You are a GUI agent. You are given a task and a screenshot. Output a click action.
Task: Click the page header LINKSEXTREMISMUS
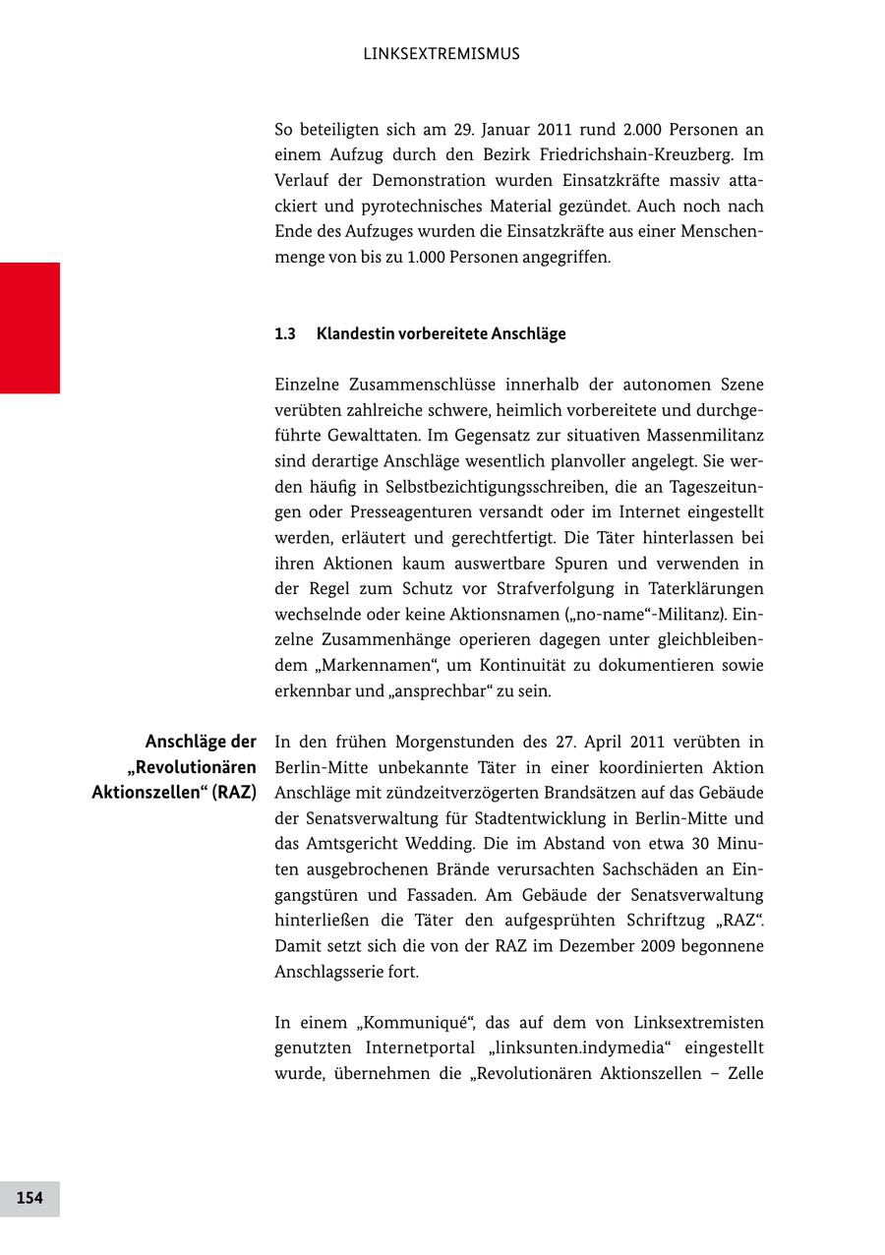pyautogui.click(x=442, y=54)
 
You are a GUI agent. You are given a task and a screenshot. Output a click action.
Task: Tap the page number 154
pyautogui.click(x=29, y=1198)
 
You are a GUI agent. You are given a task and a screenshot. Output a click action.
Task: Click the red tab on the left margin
pyautogui.click(x=29, y=328)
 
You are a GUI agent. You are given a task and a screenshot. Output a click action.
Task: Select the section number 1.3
pyautogui.click(x=285, y=334)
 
